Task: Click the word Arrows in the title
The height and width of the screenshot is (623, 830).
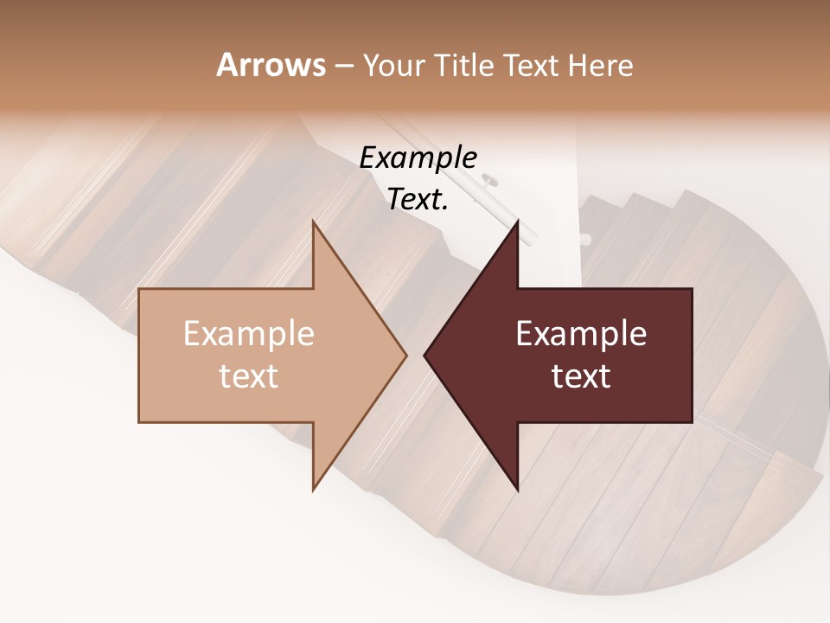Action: (271, 65)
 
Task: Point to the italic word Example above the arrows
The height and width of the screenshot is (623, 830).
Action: (418, 158)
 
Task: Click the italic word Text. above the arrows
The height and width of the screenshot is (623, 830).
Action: (418, 199)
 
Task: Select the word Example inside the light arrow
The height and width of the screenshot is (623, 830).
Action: (249, 334)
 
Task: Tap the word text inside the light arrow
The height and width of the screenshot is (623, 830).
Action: (249, 376)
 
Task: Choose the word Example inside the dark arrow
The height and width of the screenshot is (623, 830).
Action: (581, 334)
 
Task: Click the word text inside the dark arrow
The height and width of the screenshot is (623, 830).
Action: (581, 376)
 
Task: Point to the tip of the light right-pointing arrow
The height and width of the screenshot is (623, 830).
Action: (406, 356)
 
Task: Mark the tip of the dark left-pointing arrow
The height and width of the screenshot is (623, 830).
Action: (425, 356)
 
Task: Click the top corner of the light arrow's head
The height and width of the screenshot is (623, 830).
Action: (313, 222)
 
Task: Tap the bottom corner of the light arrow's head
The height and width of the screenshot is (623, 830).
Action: (313, 490)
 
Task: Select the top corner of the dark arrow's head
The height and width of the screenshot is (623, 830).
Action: (518, 222)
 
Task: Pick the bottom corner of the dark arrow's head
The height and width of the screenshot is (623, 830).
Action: (518, 490)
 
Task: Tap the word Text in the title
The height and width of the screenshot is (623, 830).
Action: (531, 66)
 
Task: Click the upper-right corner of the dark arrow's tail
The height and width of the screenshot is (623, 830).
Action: (692, 289)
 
